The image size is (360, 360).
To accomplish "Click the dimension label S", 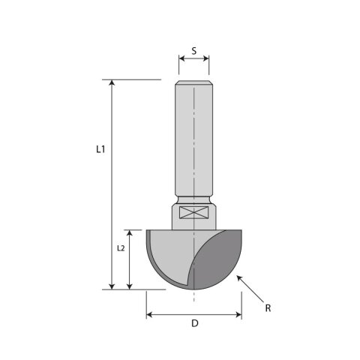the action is [x=194, y=51].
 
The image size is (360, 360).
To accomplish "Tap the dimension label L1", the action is [x=100, y=149].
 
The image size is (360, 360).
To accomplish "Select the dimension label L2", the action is [x=121, y=248].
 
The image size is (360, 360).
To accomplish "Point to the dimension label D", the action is [x=195, y=323].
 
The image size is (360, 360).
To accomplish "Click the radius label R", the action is [x=268, y=308].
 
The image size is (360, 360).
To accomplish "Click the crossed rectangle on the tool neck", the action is [x=194, y=212].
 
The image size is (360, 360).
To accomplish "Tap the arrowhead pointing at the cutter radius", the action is [x=239, y=278].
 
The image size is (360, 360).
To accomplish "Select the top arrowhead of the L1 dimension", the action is [x=112, y=82].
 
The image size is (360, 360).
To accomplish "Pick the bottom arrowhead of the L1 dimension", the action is [x=112, y=286].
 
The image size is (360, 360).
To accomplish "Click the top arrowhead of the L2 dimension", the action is [x=129, y=232].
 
